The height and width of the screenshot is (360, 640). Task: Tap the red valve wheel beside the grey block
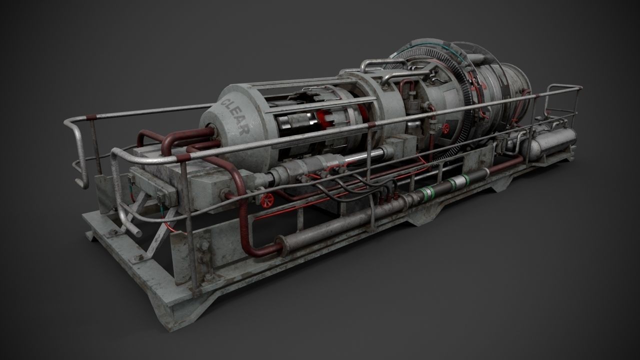click(x=267, y=199)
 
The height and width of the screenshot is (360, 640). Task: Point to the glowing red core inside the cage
click(x=320, y=119)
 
